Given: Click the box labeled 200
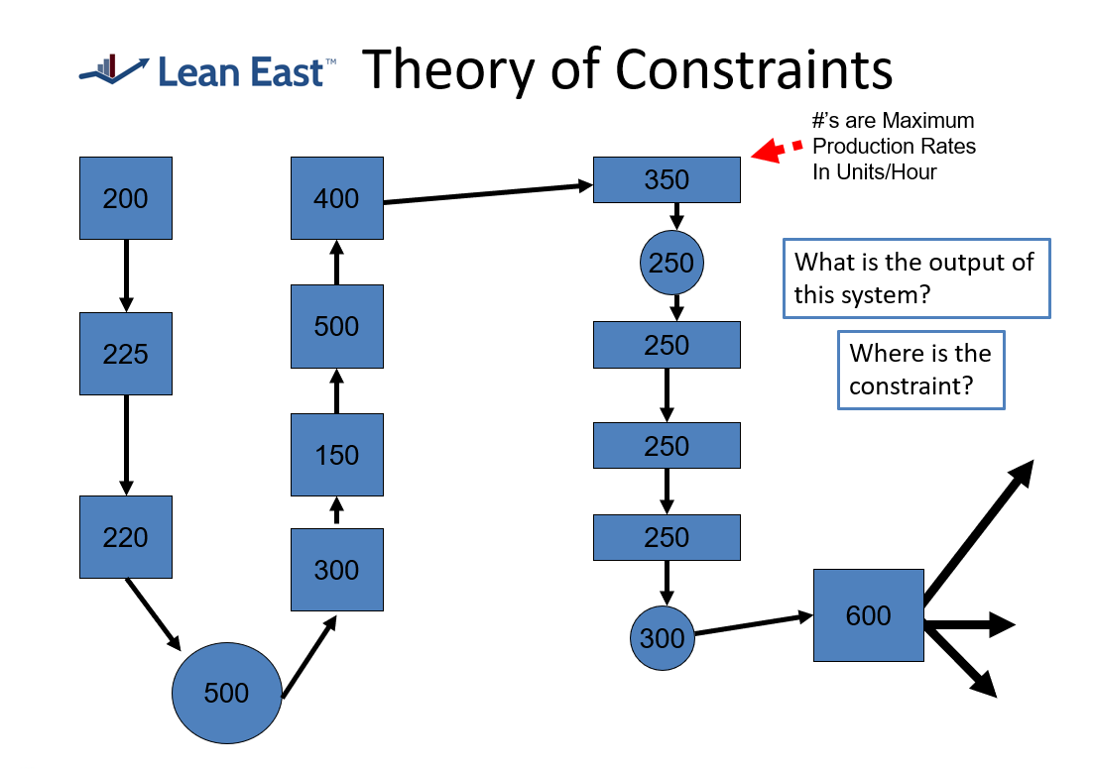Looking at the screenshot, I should coord(126,198).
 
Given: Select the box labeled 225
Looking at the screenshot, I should coord(126,354).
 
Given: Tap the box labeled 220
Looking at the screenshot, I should coord(126,537).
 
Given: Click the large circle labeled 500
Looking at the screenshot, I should coord(226,692).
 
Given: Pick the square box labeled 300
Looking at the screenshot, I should coord(336,570).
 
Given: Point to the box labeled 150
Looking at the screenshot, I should coord(336,455).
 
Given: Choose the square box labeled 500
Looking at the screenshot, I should coord(336,326).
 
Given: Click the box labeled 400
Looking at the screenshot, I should coord(336,198).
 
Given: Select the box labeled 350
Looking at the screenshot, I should coord(667,179).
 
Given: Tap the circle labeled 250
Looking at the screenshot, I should coord(672,264).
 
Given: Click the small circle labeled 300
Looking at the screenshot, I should coord(663,637).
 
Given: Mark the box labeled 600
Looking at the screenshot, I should coord(868,615).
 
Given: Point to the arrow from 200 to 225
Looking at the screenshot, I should coord(126,275).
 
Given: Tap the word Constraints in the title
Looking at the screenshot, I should coord(755,69).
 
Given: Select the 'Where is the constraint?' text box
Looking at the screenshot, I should coord(920,370).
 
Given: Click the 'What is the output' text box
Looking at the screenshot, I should coord(915,278).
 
